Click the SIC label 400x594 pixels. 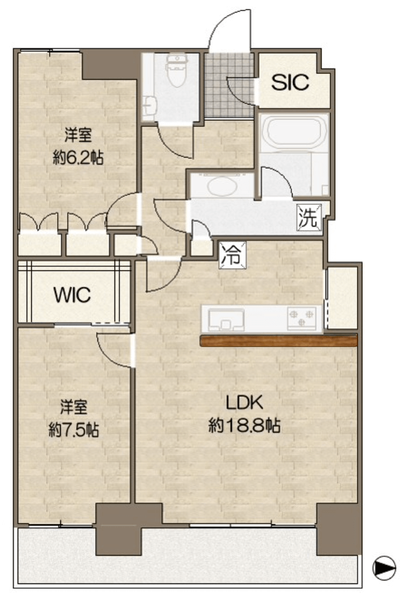(x=290, y=82)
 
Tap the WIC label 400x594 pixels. (x=73, y=295)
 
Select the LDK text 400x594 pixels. (x=244, y=403)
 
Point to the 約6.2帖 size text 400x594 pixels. (x=78, y=157)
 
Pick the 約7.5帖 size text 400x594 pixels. (x=74, y=430)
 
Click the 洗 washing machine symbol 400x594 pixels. (x=309, y=217)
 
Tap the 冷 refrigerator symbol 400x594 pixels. (x=232, y=255)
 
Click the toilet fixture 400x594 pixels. (x=176, y=69)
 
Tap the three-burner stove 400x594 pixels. (x=301, y=318)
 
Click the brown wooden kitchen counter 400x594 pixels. (x=278, y=341)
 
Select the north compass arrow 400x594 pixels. (x=383, y=567)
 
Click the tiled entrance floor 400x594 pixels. (x=229, y=85)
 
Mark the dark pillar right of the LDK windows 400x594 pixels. (x=339, y=529)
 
